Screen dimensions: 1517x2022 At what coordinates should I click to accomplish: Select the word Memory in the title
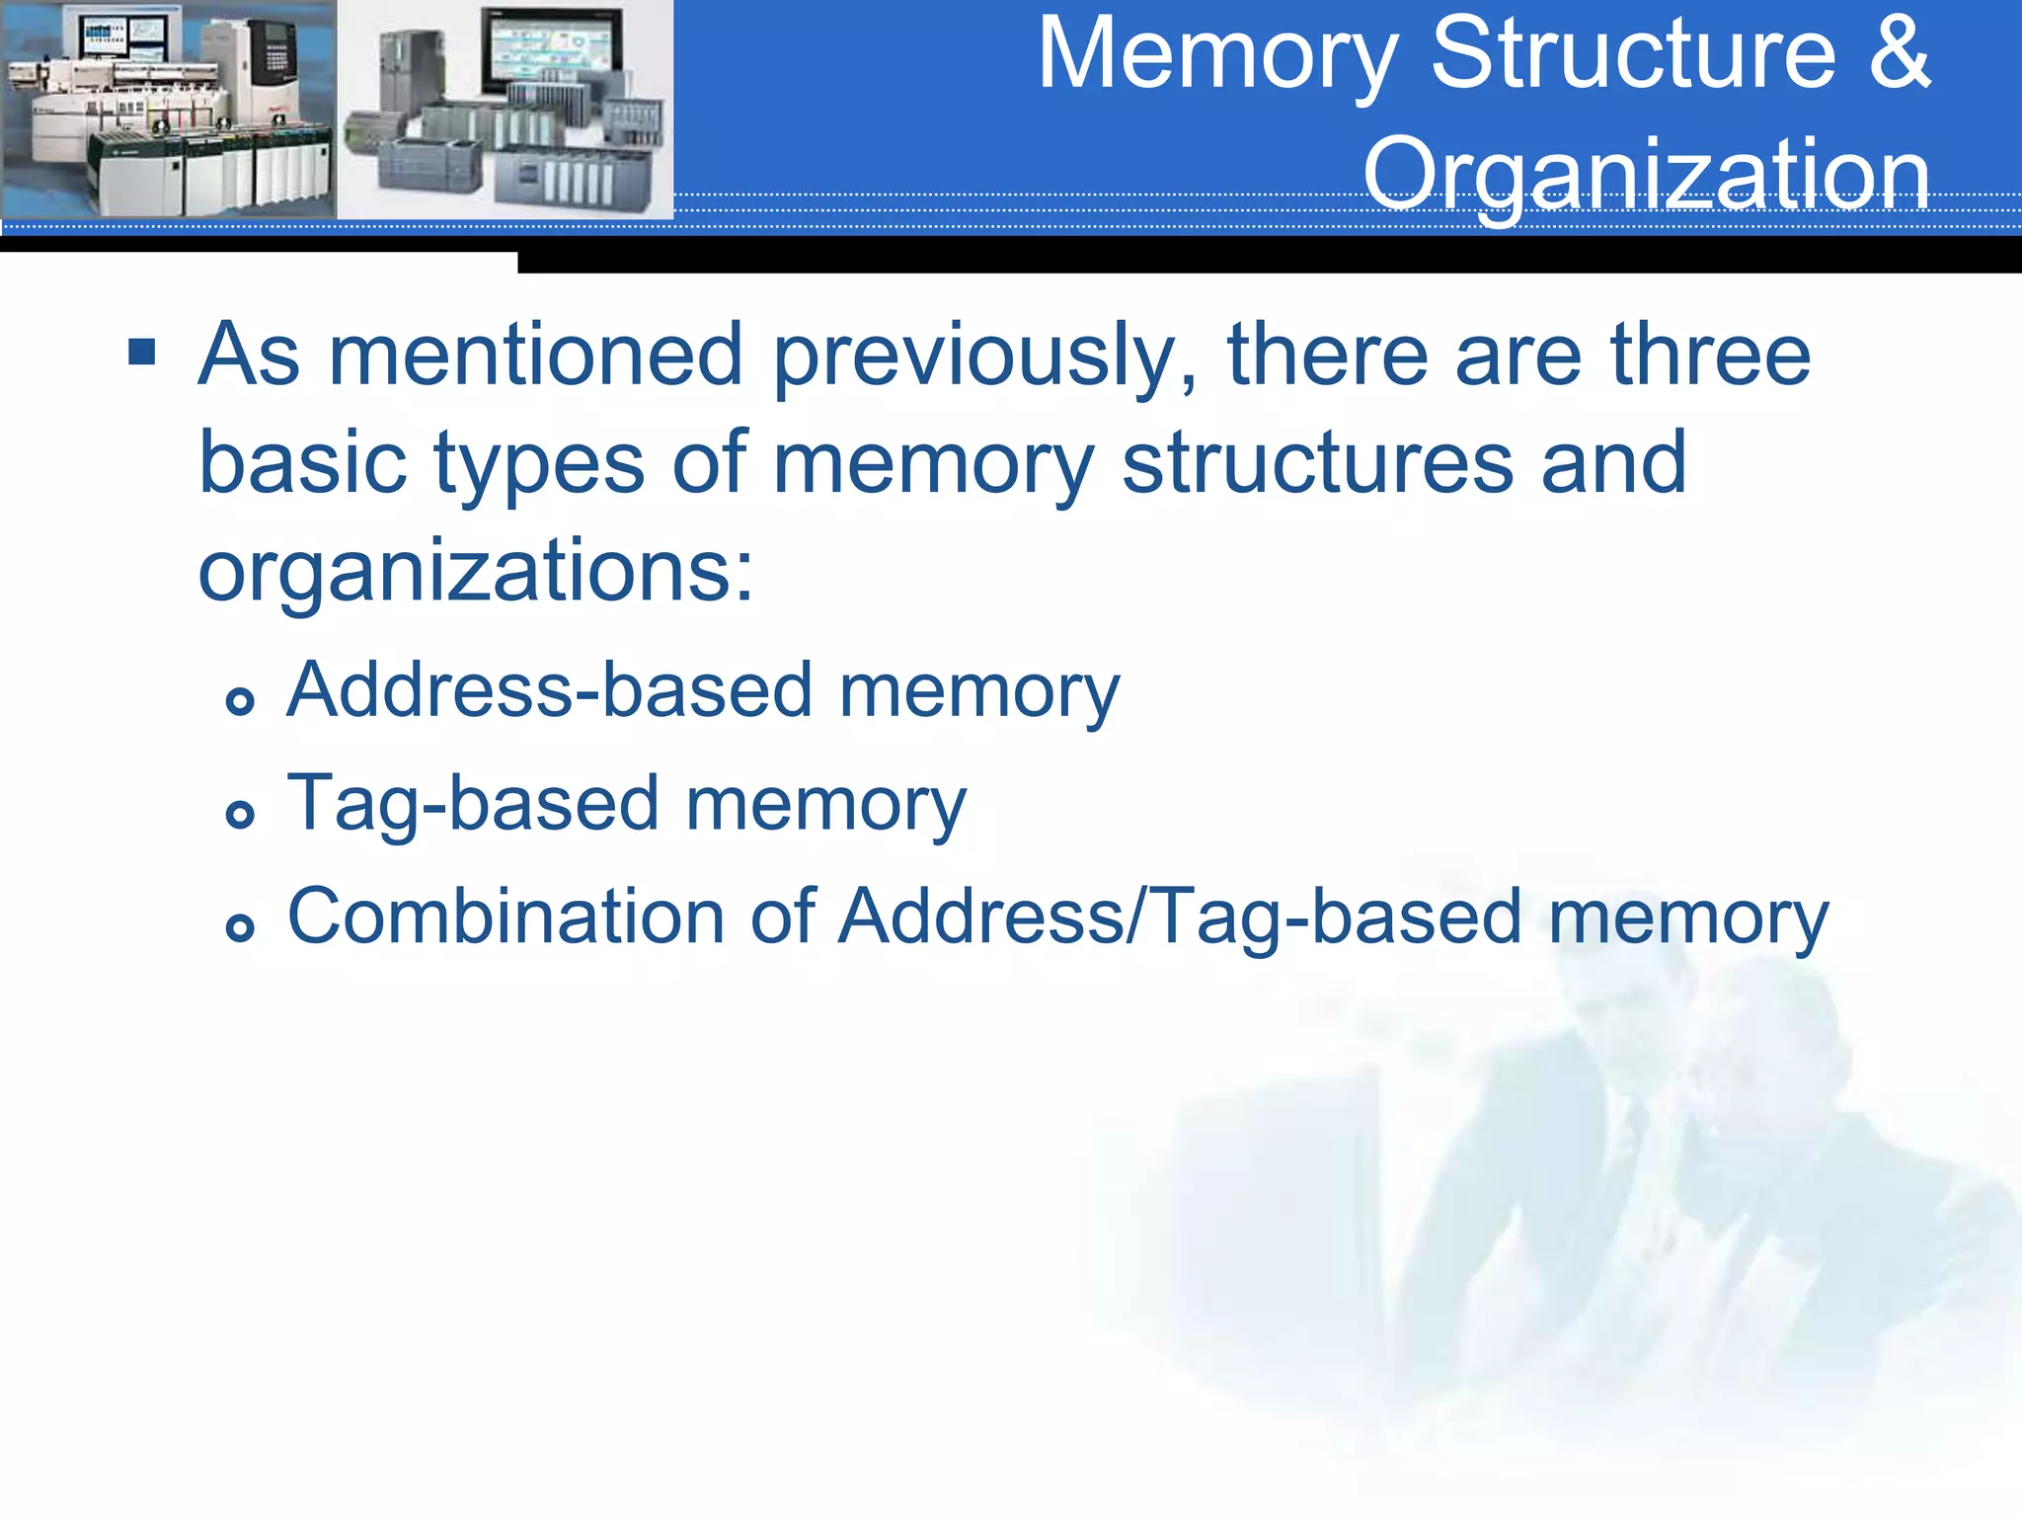1217,55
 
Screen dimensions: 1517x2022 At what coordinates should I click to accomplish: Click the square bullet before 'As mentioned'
142,352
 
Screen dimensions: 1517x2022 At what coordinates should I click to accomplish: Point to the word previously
985,356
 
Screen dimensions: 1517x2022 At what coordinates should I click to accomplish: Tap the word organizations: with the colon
476,571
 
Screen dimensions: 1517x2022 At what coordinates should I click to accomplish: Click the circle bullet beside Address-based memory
240,701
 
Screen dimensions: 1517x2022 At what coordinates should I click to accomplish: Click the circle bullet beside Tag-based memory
240,815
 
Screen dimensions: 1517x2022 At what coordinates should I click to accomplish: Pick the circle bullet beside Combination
240,927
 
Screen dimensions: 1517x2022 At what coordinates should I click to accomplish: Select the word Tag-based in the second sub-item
472,804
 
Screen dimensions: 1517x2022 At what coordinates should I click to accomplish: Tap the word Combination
505,917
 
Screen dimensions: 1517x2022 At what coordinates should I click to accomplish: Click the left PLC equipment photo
168,109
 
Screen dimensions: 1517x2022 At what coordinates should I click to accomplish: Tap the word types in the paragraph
538,464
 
